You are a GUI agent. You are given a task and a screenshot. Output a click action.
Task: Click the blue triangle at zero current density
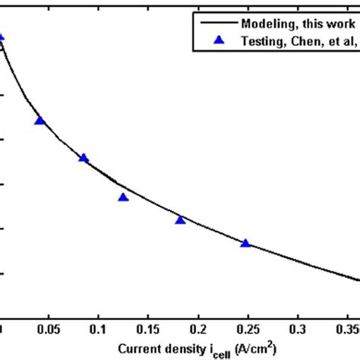(x=2, y=36)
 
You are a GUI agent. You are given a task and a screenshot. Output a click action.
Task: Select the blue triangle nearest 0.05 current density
(x=40, y=121)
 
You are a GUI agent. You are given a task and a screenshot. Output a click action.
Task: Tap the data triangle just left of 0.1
(x=84, y=158)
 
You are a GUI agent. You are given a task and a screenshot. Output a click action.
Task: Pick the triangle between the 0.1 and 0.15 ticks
(x=123, y=197)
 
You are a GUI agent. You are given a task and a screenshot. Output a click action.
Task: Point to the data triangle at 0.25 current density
(x=245, y=243)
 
